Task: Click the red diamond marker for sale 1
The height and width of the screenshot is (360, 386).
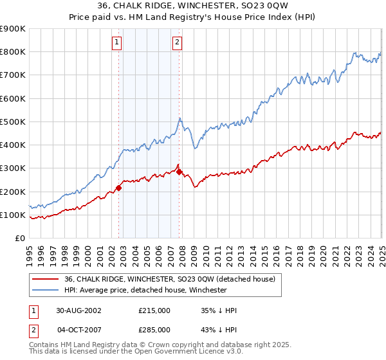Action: (119, 188)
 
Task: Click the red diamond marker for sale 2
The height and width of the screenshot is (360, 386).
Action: (179, 172)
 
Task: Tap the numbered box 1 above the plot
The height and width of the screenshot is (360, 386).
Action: (116, 43)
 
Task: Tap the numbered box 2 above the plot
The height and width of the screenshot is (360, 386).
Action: (176, 43)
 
